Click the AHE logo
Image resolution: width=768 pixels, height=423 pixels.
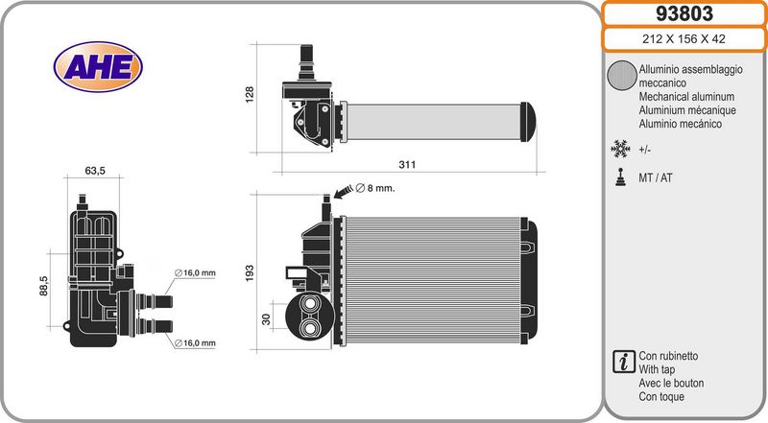[x=98, y=67]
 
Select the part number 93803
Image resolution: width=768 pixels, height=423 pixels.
[x=684, y=13]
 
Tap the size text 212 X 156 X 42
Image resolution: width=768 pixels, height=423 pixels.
[x=684, y=38]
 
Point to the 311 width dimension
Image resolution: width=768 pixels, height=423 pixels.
[x=407, y=165]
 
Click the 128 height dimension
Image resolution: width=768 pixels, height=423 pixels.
[x=250, y=94]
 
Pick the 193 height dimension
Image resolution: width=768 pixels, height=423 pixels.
[x=250, y=273]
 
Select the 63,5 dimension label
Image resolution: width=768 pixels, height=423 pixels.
[x=95, y=171]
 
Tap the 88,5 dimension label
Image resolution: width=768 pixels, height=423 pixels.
[x=43, y=286]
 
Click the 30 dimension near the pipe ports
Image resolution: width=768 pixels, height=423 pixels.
[x=266, y=319]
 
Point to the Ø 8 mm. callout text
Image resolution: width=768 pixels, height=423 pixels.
[x=375, y=188]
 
